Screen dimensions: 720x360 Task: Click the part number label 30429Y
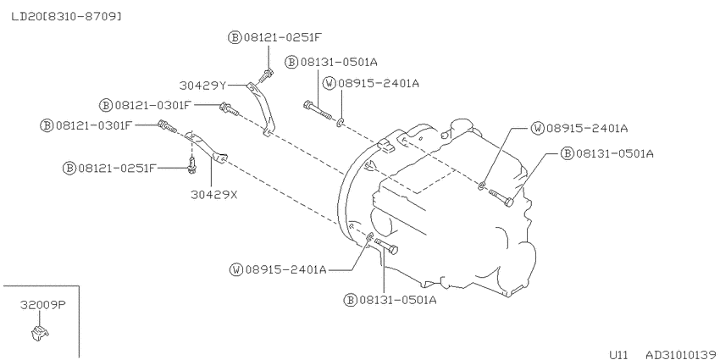pyautogui.click(x=202, y=85)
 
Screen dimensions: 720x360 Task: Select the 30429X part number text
pyautogui.click(x=214, y=195)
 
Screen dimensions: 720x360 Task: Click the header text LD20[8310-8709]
pyautogui.click(x=67, y=17)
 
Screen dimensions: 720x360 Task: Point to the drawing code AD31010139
pyautogui.click(x=681, y=354)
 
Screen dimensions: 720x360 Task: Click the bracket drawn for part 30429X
pyautogui.click(x=206, y=148)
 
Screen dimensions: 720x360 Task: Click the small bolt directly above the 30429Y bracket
pyautogui.click(x=266, y=75)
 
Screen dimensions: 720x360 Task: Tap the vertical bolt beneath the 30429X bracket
pyautogui.click(x=192, y=165)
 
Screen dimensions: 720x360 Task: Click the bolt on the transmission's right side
pyautogui.click(x=501, y=198)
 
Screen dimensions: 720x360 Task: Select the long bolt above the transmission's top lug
pyautogui.click(x=318, y=111)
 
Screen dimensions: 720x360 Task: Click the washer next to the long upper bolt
pyautogui.click(x=341, y=123)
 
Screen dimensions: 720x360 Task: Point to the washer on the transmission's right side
pyautogui.click(x=481, y=185)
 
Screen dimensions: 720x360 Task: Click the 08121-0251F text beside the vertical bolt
pyautogui.click(x=117, y=168)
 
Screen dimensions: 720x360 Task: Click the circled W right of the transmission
pyautogui.click(x=537, y=128)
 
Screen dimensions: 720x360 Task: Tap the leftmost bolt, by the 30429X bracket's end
pyautogui.click(x=167, y=126)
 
